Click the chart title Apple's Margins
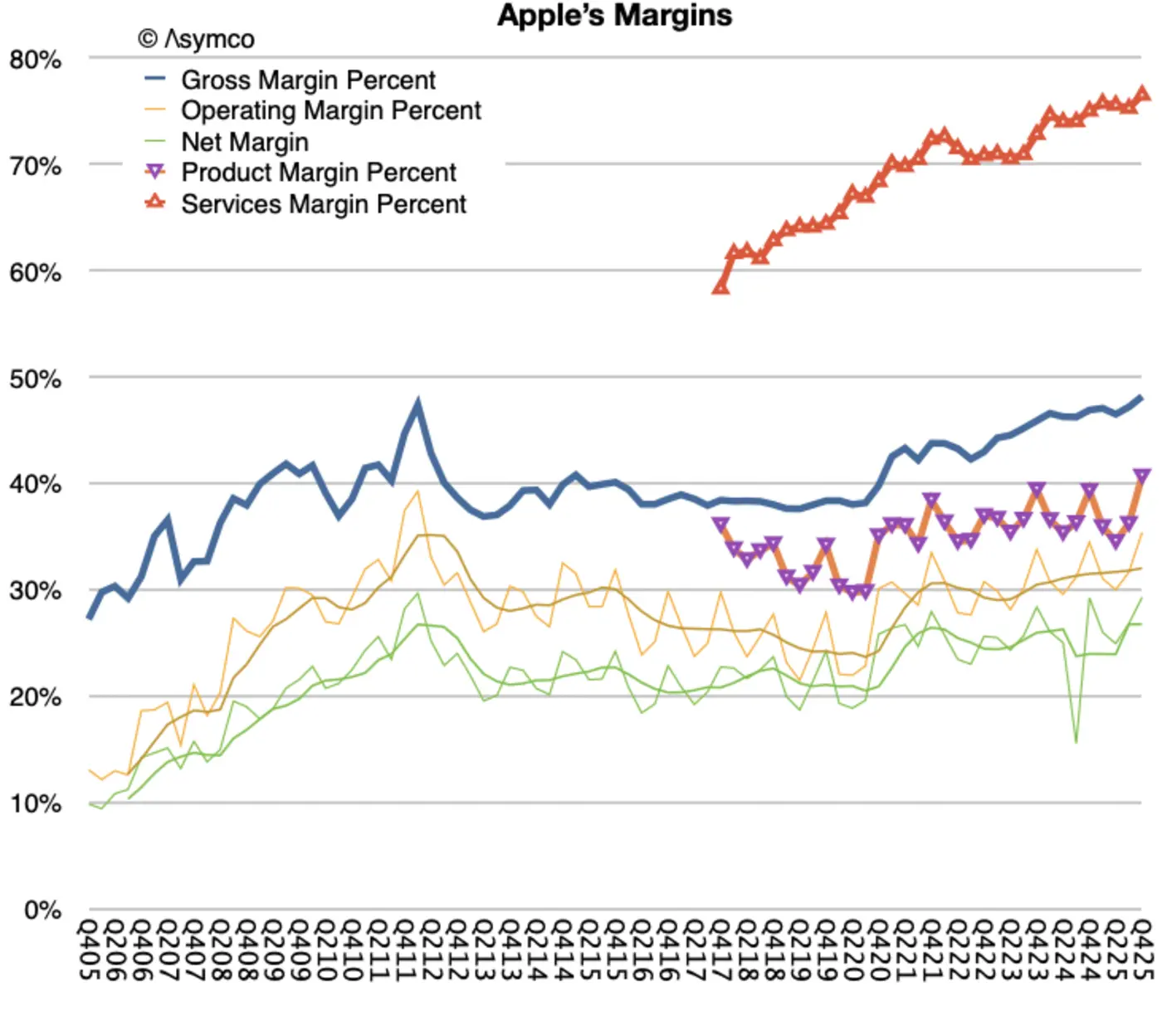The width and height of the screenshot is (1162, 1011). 614,16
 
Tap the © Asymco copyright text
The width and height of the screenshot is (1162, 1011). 196,39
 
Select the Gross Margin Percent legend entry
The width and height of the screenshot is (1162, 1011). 308,80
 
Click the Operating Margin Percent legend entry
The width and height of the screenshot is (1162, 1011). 330,110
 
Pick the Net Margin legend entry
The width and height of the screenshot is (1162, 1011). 245,142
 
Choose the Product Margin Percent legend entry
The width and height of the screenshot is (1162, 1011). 319,173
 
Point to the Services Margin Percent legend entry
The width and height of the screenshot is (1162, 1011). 324,204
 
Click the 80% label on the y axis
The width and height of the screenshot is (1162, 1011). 36,60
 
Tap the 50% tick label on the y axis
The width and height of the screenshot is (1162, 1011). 36,379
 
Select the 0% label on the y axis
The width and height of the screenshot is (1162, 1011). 42,911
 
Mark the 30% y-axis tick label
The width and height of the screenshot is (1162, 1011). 36,591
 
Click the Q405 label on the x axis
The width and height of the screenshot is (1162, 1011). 89,949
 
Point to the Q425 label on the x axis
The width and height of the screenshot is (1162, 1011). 1141,949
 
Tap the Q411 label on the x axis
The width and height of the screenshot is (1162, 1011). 405,949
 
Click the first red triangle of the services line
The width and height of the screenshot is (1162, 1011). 720,287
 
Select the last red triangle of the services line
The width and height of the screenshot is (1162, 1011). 1142,94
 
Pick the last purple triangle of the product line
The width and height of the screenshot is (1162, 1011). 1142,476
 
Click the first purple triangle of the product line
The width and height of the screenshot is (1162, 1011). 720,525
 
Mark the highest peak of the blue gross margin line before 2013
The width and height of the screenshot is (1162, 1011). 417,404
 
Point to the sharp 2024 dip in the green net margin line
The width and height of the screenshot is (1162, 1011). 1076,740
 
